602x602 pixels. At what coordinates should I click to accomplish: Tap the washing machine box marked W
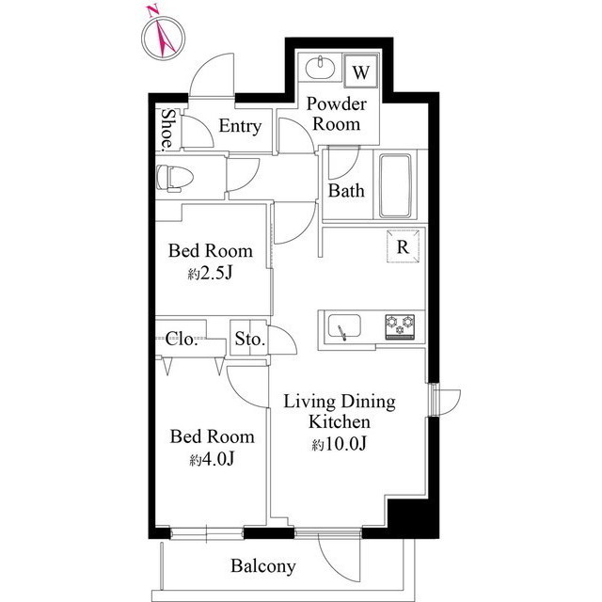361,71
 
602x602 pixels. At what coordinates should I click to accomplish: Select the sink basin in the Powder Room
320,68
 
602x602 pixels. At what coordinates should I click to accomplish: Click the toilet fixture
174,178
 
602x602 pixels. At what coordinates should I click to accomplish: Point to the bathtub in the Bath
395,186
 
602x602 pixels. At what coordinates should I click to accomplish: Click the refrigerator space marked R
403,246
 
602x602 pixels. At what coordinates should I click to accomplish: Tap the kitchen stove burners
400,326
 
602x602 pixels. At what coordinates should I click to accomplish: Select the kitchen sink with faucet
344,327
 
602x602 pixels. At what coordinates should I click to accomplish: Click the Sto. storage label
250,339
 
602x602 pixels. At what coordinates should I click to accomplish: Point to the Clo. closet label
182,339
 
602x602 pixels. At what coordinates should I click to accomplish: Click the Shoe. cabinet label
167,129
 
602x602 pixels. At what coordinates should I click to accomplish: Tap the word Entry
240,126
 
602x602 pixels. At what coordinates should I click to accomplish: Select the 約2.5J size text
211,274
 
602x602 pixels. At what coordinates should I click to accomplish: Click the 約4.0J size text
212,459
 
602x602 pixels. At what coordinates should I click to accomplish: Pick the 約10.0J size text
340,443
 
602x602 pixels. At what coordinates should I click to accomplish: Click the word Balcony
263,566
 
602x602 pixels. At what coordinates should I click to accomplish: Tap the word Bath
346,190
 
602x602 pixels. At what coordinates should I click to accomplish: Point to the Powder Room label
337,114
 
